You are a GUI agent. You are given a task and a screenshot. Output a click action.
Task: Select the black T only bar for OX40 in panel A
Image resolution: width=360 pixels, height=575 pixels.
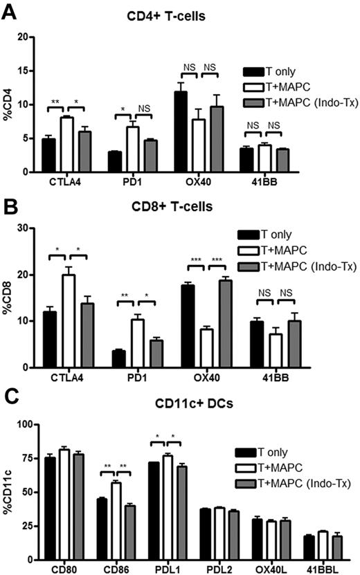(x=181, y=131)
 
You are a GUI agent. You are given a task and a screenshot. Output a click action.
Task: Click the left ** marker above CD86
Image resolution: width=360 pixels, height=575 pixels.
(x=107, y=466)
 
